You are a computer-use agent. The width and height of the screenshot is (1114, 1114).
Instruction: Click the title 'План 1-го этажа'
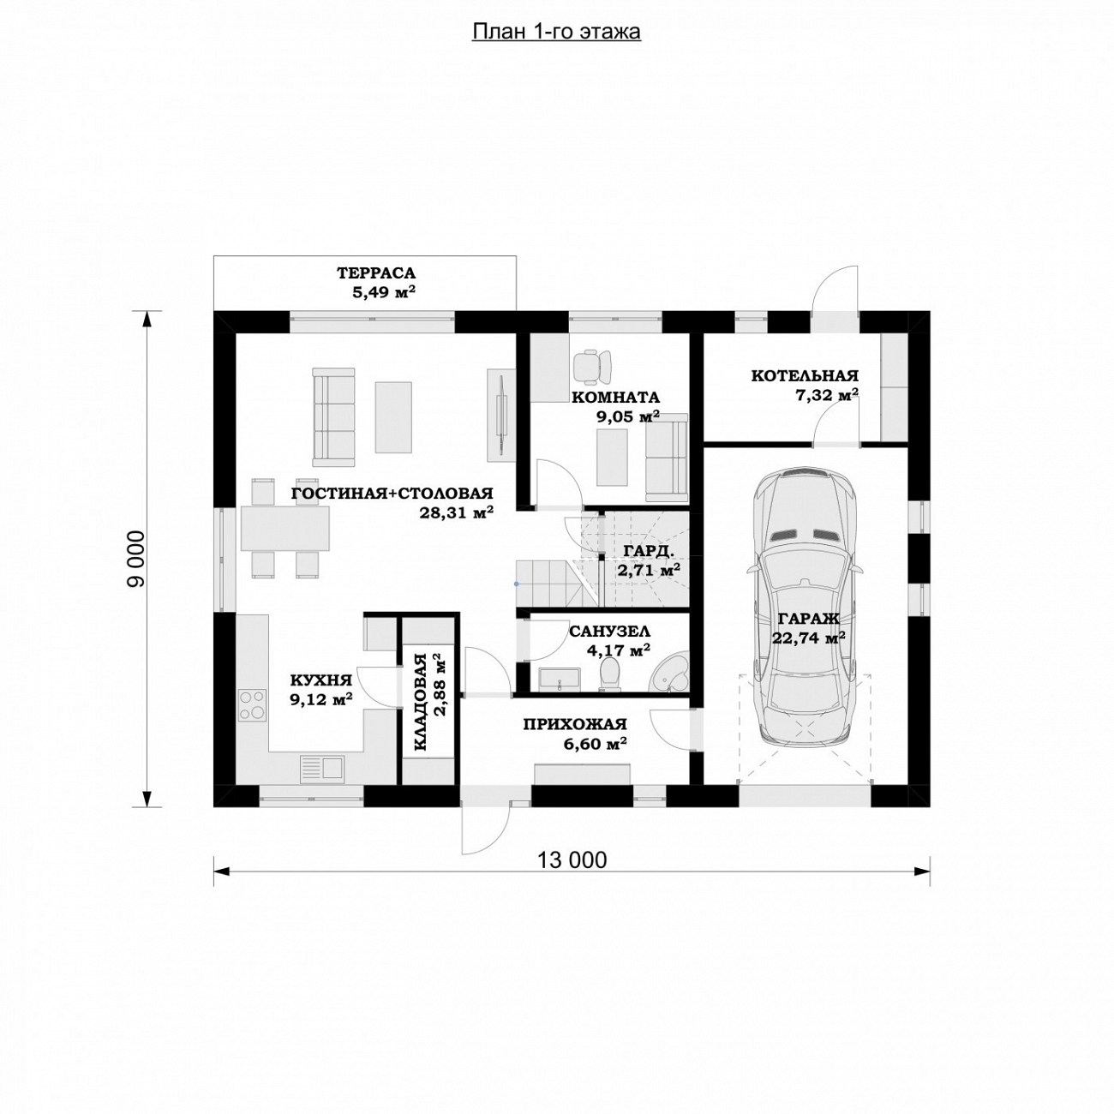pos(556,33)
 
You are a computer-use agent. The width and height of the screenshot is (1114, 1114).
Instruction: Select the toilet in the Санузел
pos(610,674)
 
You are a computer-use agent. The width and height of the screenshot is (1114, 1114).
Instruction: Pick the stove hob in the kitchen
pos(253,705)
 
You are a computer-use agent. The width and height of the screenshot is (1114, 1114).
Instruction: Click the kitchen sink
pos(322,769)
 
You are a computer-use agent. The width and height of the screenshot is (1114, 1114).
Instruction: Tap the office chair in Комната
pos(592,367)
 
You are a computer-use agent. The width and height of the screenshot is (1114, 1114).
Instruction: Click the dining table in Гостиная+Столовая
pos(284,529)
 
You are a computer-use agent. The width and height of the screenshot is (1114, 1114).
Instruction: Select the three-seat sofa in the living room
pos(333,416)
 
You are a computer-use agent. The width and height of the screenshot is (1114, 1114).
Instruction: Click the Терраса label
pos(376,273)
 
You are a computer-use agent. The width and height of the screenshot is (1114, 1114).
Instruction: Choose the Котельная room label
pos(805,376)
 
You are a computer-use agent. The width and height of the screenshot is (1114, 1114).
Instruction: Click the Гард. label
pos(649,550)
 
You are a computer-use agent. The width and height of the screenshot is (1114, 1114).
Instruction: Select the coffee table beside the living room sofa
pos(393,416)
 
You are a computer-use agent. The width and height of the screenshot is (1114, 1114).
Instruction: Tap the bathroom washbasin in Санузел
pos(559,679)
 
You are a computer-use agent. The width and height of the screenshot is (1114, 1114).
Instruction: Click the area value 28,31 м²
pos(456,512)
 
